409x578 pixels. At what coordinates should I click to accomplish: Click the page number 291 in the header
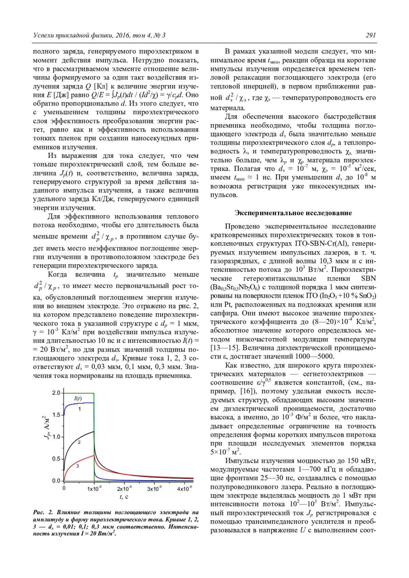[370, 35]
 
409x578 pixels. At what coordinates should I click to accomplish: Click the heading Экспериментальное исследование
[293, 213]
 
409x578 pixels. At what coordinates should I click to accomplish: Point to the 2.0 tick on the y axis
[56, 393]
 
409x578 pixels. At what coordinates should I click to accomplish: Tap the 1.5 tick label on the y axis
[56, 415]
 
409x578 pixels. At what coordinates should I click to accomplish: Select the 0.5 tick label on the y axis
[56, 459]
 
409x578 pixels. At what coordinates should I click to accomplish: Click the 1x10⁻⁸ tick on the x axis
[94, 489]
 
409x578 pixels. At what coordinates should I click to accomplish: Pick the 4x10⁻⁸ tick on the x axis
[184, 489]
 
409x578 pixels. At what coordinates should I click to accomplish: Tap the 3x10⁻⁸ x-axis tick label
[154, 489]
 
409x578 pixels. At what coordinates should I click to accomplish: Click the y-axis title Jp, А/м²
[47, 428]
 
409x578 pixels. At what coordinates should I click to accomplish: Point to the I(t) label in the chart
[78, 399]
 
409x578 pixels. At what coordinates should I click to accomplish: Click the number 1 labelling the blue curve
[79, 409]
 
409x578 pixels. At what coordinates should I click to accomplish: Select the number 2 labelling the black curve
[79, 442]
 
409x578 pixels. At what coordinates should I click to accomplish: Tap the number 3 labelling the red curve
[78, 466]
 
